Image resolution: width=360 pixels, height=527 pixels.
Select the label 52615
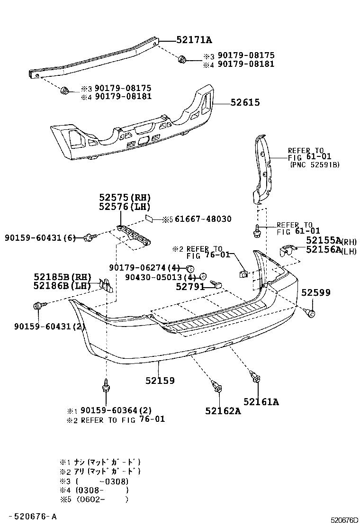245,102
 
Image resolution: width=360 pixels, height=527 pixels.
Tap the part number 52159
160,380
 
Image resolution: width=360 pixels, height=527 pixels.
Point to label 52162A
223,411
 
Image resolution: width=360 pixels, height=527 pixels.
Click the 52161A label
261,402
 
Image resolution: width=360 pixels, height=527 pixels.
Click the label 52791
190,287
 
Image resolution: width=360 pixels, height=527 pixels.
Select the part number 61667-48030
203,219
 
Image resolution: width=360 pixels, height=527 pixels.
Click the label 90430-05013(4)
161,277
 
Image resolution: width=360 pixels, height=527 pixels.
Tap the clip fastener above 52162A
217,387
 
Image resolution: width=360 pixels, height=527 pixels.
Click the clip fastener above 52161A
256,377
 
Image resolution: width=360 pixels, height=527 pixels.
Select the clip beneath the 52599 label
312,313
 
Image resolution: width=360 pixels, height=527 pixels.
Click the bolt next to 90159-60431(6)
89,237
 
